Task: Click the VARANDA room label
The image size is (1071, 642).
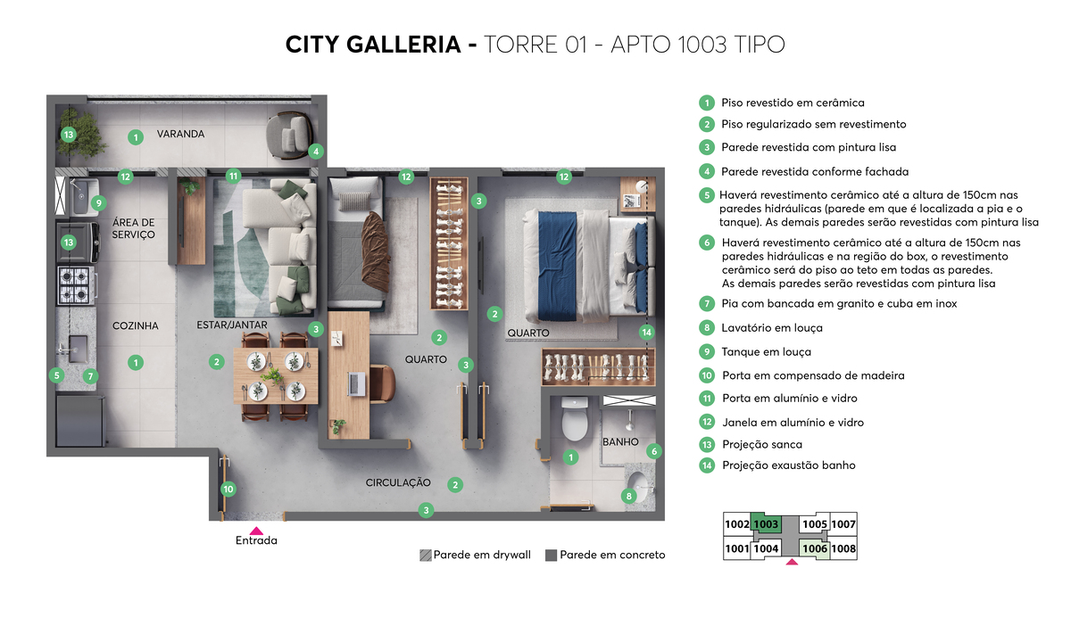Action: click(181, 134)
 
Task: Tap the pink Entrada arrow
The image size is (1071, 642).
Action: click(256, 531)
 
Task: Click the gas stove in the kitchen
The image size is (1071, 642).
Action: click(77, 284)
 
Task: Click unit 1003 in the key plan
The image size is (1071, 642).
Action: click(767, 524)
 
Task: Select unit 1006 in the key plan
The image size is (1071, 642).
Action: click(815, 548)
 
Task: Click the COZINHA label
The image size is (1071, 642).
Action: click(136, 326)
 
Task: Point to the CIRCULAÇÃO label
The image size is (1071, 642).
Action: click(398, 482)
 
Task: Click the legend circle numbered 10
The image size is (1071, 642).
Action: click(707, 375)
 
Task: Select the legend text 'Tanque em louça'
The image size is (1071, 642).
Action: click(767, 352)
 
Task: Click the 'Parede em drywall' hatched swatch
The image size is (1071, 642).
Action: click(426, 555)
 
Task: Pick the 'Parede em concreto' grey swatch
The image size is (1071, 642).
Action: click(551, 555)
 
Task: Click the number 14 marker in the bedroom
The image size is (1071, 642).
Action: click(647, 333)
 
